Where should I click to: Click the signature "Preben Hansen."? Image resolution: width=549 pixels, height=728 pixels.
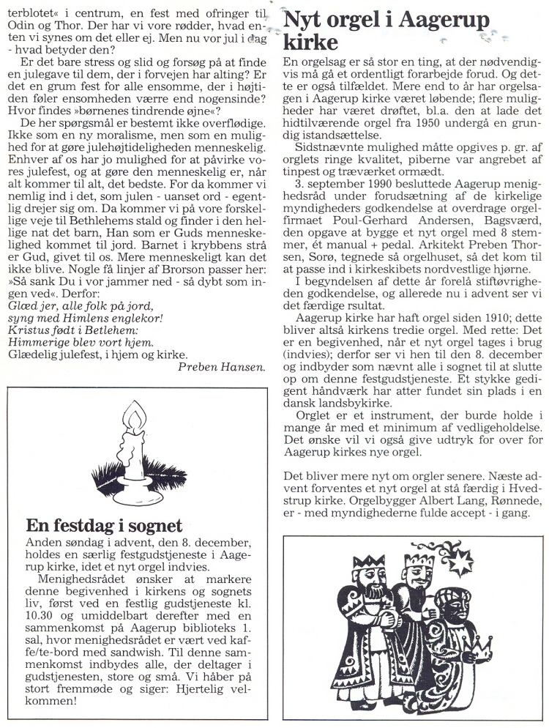point(221,366)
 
